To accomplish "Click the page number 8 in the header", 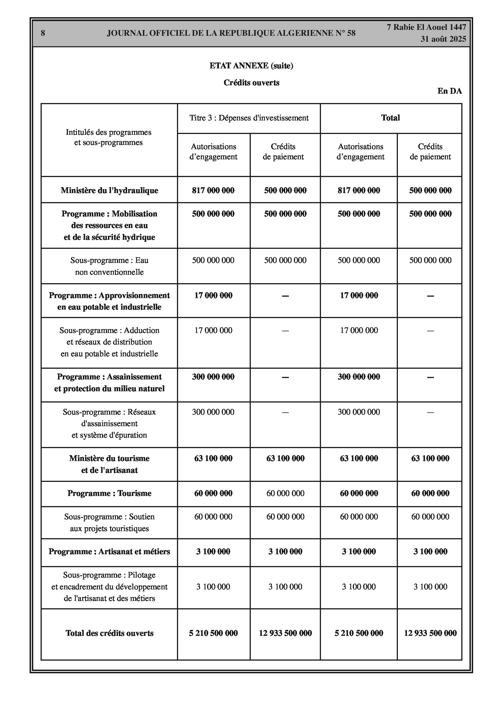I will coord(43,33).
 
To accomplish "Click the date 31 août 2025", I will coord(443,39).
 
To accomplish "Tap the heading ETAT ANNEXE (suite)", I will coord(251,66).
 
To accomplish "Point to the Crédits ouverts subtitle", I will coord(251,83).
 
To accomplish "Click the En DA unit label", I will coord(449,91).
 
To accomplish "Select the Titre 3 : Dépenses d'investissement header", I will coord(249,118).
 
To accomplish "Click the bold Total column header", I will coord(391,118).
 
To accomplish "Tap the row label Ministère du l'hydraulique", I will coord(109,191).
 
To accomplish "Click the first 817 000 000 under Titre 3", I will coord(213,191).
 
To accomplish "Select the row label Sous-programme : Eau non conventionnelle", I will coord(109,266).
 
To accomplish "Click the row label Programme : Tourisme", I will coord(109,493).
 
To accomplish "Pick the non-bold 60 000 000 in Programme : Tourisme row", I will coord(285,493).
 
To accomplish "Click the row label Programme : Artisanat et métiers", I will coord(109,551).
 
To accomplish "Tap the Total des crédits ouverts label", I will coord(109,633).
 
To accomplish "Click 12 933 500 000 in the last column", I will coord(430,633).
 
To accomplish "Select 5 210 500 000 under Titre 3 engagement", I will coord(213,633).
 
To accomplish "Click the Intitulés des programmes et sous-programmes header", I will coord(108,137).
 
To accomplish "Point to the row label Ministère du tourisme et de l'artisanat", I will coord(109,464).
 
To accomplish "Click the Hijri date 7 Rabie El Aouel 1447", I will coord(426,27).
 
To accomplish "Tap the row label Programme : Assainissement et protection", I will coord(109,383).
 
